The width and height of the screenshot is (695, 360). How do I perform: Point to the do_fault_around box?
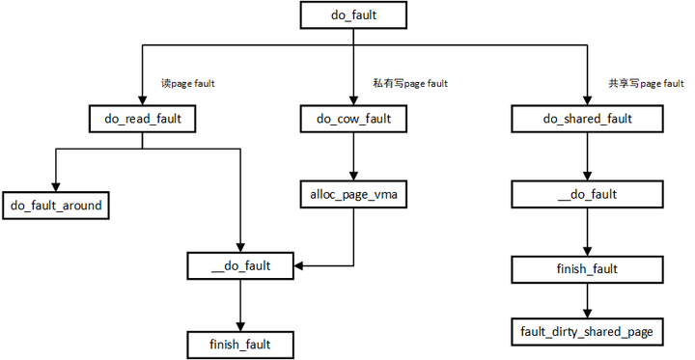click(56, 205)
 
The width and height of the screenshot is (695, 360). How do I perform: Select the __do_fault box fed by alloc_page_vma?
click(240, 264)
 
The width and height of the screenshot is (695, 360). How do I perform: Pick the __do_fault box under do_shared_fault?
click(586, 196)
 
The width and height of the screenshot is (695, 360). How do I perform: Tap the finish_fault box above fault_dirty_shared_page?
click(586, 269)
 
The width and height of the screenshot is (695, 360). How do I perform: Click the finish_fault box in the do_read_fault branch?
click(240, 342)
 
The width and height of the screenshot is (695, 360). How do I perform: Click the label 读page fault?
click(187, 84)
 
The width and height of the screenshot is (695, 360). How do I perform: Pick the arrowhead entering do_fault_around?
click(56, 186)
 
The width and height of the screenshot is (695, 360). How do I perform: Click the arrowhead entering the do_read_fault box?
click(142, 100)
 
